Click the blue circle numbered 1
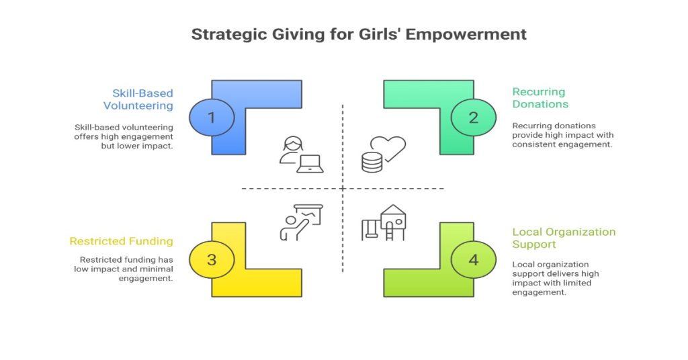[x=212, y=118]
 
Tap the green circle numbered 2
[x=474, y=118]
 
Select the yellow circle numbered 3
[x=212, y=259]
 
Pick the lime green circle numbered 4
[x=474, y=259]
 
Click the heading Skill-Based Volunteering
[x=138, y=99]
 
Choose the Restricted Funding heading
[x=121, y=241]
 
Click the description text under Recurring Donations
[x=562, y=135]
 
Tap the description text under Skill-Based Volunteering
[x=123, y=136]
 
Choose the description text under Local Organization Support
[x=556, y=279]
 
